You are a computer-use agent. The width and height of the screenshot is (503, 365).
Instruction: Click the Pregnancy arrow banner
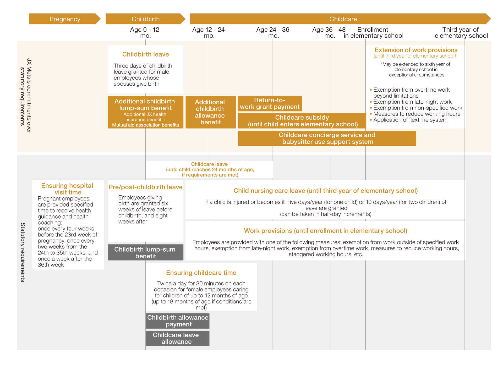click(65, 19)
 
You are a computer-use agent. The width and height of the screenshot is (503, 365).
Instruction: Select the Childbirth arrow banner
click(145, 19)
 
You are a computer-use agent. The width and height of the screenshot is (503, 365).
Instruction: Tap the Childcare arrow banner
click(340, 19)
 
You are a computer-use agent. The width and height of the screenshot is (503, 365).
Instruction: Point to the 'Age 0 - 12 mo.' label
click(145, 33)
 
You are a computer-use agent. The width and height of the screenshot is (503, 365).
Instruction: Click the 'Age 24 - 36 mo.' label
click(273, 33)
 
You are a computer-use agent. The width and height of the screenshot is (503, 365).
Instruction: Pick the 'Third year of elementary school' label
click(461, 33)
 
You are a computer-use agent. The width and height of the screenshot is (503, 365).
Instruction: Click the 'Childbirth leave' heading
click(145, 54)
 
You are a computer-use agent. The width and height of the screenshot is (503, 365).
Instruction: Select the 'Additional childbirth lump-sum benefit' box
click(145, 112)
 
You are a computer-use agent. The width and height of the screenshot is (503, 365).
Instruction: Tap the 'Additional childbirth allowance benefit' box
click(211, 112)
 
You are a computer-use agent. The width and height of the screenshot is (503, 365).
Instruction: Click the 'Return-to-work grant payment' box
click(270, 103)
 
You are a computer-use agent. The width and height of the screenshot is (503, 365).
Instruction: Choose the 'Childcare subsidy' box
click(302, 121)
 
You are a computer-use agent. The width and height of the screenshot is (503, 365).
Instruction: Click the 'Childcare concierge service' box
click(327, 138)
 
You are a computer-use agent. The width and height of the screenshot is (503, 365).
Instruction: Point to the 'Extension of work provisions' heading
click(416, 50)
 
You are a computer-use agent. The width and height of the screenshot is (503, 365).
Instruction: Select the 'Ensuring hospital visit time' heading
click(67, 189)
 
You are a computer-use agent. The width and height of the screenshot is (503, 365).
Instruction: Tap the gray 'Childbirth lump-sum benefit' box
click(145, 252)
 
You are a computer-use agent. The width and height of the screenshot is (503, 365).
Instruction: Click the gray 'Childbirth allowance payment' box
click(178, 321)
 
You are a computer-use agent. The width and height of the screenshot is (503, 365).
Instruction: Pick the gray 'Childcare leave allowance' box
click(178, 338)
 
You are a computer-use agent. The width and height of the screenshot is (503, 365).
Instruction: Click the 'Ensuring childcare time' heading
click(201, 273)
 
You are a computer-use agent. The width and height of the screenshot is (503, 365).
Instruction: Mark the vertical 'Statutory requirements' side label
click(23, 252)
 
